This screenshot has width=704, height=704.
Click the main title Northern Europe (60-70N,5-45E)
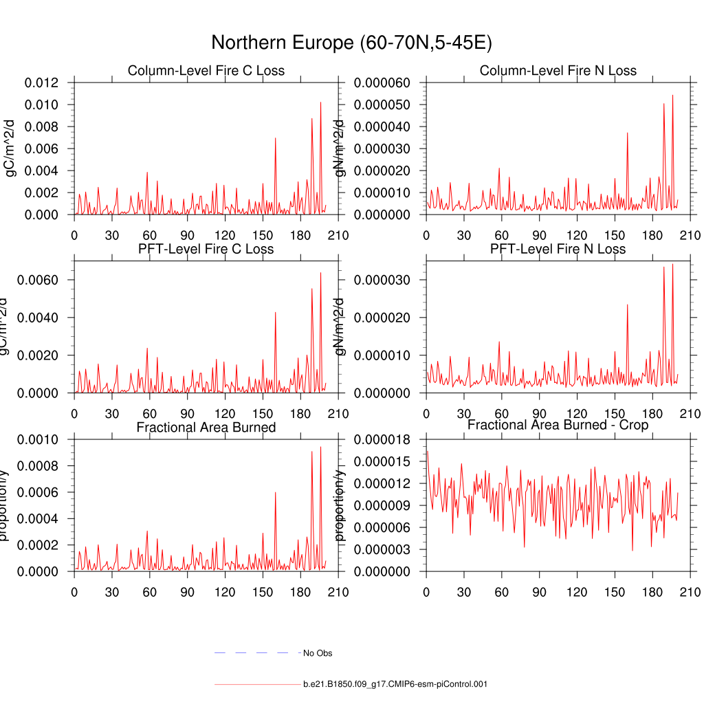click(x=351, y=43)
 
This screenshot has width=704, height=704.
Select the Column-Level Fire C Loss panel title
click(x=206, y=71)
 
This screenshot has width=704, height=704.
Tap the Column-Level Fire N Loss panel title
click(x=558, y=71)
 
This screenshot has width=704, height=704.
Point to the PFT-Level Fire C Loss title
click(x=206, y=249)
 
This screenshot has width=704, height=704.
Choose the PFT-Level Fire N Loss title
click(x=558, y=249)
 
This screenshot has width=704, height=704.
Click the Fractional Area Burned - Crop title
click(x=558, y=425)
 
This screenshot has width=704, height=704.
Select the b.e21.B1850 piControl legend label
click(x=395, y=684)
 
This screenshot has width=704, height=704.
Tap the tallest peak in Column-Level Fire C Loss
click(x=320, y=102)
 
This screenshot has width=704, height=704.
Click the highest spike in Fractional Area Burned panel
click(x=320, y=448)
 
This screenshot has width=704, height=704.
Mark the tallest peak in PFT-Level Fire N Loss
click(x=672, y=264)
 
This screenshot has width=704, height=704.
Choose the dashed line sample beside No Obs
click(x=251, y=652)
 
